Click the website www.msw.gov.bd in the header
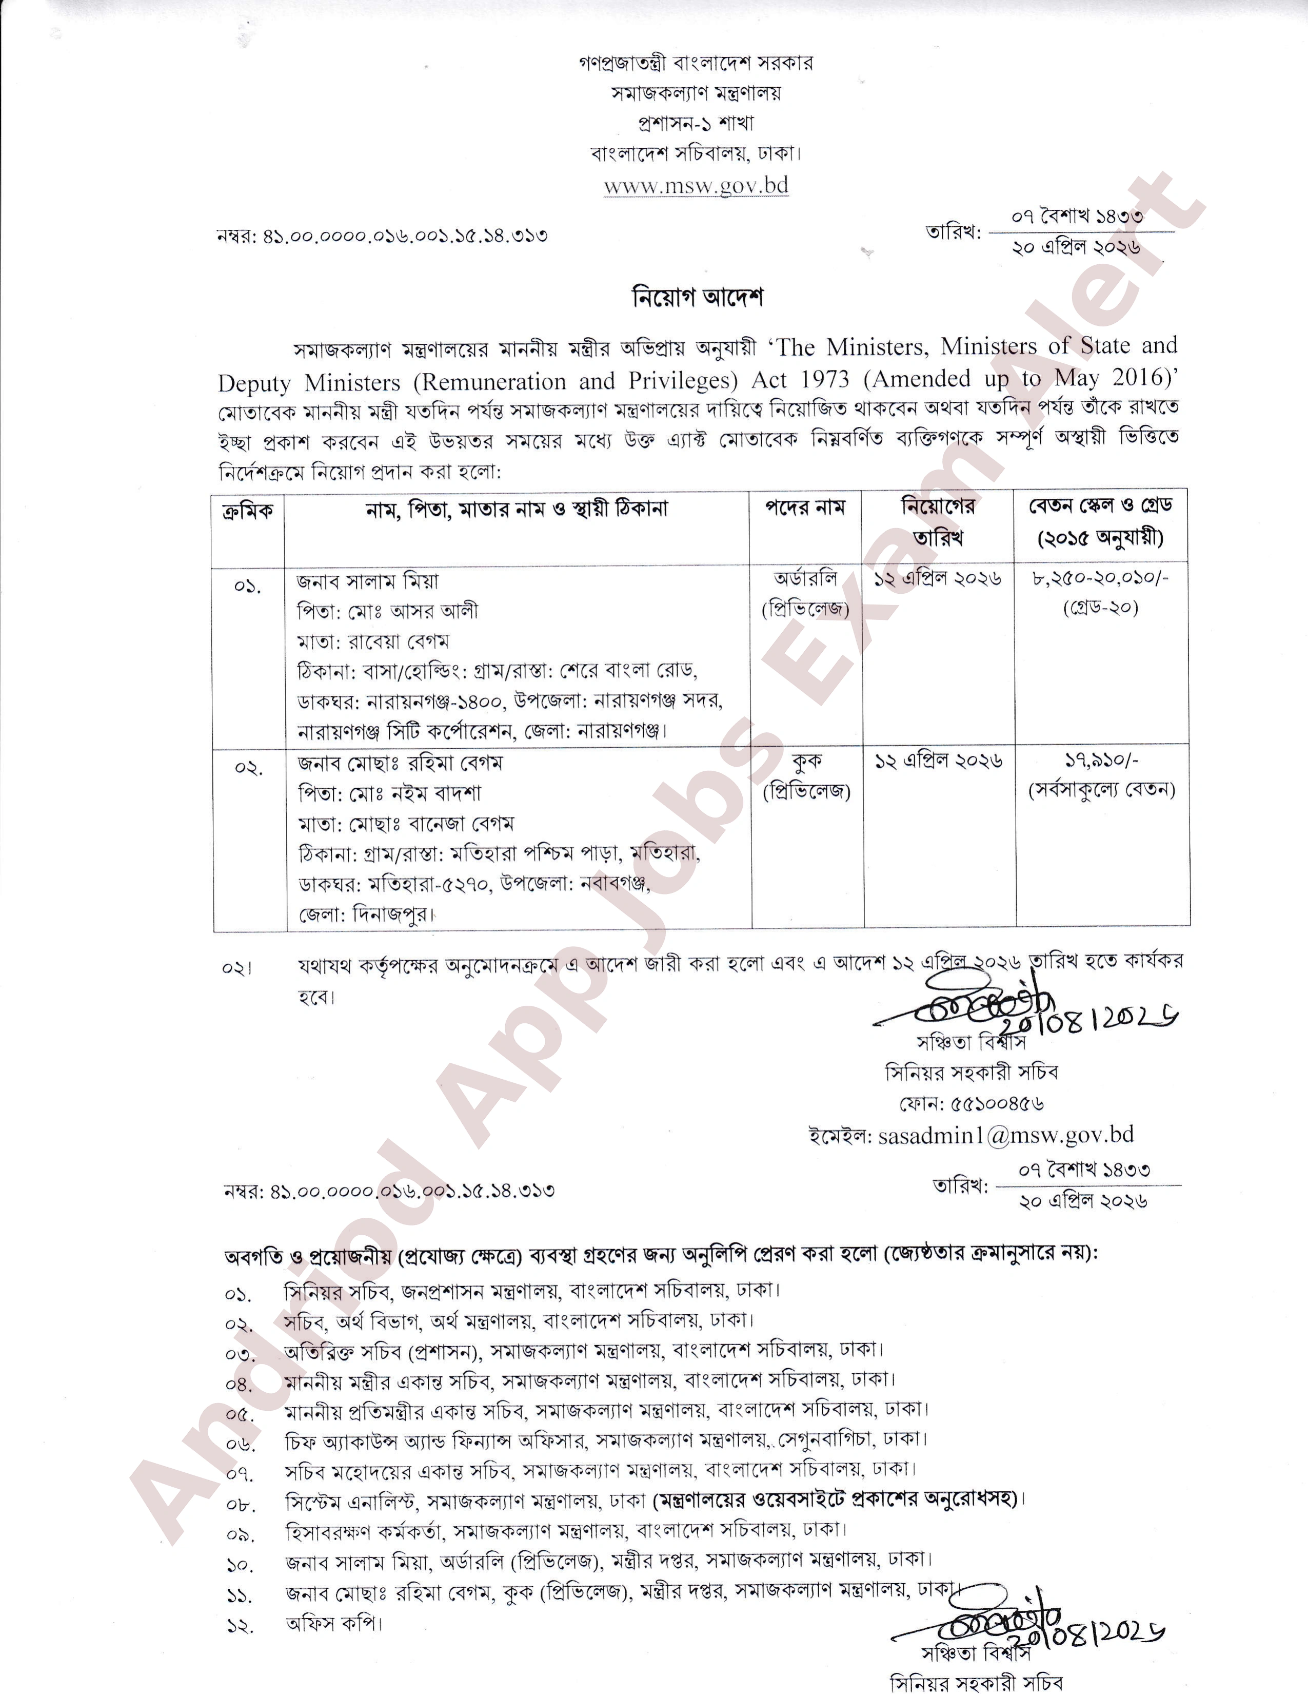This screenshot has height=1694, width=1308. click(x=696, y=186)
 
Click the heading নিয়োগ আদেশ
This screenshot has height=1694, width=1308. click(x=698, y=297)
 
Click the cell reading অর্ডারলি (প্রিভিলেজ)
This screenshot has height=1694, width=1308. click(x=805, y=594)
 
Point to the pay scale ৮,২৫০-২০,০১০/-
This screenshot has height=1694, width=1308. click(x=1100, y=579)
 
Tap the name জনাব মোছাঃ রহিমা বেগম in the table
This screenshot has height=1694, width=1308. click(x=400, y=763)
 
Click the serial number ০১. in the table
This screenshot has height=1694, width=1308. click(x=247, y=586)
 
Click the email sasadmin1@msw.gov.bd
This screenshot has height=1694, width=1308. click(x=1005, y=1136)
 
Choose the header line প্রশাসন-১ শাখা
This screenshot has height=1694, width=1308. click(x=696, y=123)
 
